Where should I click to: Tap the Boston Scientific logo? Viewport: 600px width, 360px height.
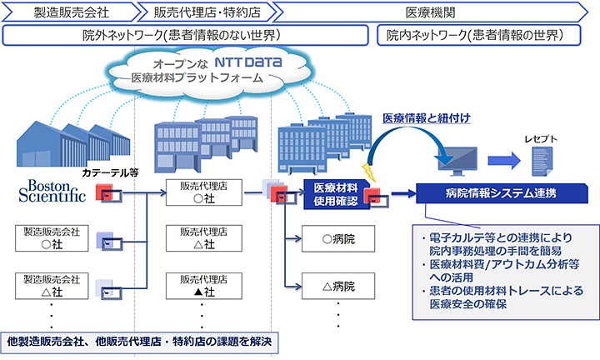(x=52, y=189)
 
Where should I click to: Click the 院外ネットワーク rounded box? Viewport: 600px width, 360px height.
(x=186, y=36)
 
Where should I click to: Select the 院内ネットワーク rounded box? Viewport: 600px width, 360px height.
(x=483, y=36)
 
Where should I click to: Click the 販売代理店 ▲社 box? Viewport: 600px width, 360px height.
(x=199, y=287)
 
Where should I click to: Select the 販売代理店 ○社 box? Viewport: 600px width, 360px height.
(x=199, y=193)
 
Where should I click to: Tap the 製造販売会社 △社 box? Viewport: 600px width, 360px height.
(x=52, y=287)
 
